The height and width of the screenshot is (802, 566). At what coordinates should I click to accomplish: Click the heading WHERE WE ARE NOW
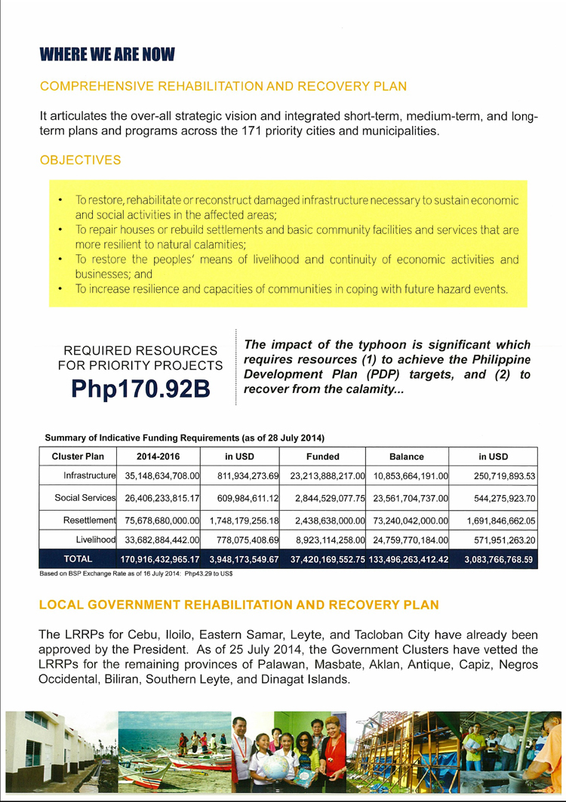[x=107, y=54]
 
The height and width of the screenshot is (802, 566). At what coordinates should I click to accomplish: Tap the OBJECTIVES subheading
[x=80, y=160]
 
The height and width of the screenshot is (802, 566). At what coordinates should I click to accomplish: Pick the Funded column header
[x=322, y=456]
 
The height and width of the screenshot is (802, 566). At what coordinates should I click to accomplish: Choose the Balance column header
[x=406, y=456]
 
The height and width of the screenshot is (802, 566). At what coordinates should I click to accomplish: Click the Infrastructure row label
[x=88, y=476]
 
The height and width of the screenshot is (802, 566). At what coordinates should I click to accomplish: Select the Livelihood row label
[x=96, y=540]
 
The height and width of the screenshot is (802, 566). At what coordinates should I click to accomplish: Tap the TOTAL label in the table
[x=78, y=560]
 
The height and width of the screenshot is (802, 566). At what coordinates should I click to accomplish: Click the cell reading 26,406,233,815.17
[x=158, y=498]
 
